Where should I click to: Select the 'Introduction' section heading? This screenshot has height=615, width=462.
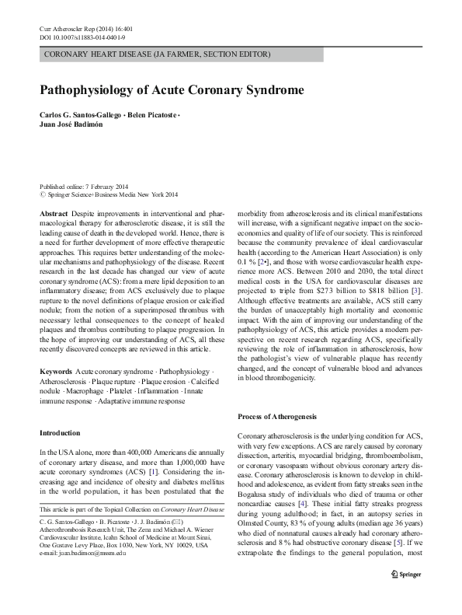click(x=61, y=430)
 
